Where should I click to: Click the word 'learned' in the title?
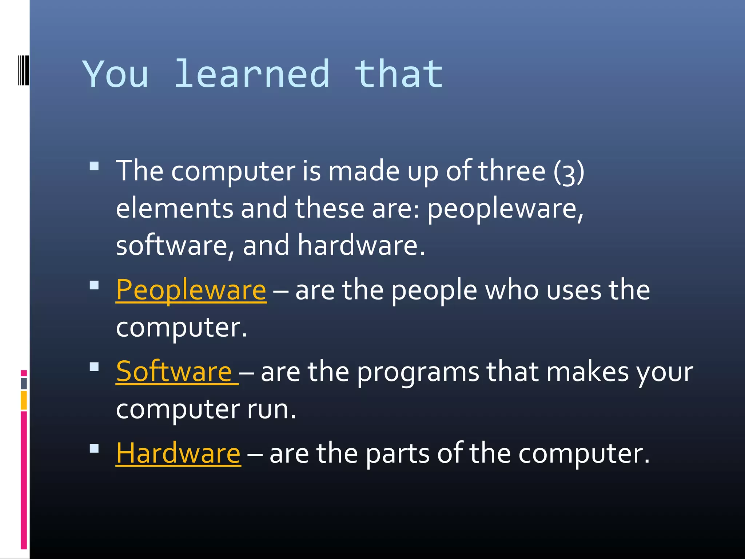click(252, 74)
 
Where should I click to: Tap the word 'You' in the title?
click(115, 74)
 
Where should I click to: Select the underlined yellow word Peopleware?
click(191, 290)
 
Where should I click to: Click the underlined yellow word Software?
click(174, 372)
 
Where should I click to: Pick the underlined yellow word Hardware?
click(178, 453)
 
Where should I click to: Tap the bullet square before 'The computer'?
click(94, 166)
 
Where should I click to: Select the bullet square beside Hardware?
click(94, 448)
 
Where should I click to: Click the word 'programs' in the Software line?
click(418, 373)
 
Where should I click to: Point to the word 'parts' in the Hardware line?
click(397, 454)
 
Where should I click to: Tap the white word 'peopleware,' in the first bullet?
click(505, 209)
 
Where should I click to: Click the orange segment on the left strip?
click(24, 400)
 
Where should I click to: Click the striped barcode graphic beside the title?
click(23, 70)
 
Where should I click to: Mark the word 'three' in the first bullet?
click(511, 171)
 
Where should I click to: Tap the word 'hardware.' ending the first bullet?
click(361, 245)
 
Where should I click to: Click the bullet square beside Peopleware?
click(94, 285)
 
